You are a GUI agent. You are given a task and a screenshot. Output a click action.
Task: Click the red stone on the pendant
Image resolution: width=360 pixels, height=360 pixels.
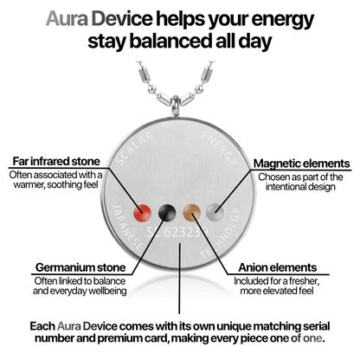(x=143, y=213)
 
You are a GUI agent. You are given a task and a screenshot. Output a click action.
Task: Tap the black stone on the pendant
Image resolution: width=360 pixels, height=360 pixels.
(x=167, y=213)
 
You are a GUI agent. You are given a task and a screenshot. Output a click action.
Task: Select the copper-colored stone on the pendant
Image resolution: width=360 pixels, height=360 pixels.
(x=192, y=213)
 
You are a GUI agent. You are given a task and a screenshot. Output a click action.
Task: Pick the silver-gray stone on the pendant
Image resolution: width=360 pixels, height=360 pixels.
(x=215, y=213)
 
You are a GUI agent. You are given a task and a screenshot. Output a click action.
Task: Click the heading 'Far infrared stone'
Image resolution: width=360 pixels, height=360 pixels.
(x=56, y=161)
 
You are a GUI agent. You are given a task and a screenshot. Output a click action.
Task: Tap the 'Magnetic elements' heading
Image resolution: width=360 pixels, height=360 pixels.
(x=302, y=164)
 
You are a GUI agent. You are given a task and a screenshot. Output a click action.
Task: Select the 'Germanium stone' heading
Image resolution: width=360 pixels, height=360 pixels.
(x=80, y=267)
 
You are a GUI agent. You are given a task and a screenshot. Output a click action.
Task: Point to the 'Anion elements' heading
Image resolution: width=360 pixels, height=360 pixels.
(x=278, y=267)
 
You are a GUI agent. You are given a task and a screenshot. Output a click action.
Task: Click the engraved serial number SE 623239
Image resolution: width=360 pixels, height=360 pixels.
(x=177, y=232)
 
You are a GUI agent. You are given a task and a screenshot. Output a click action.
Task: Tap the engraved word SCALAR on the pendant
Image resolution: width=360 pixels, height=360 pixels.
(x=134, y=148)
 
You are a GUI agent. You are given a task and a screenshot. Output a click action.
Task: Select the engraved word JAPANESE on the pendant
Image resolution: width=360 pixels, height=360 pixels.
(x=127, y=228)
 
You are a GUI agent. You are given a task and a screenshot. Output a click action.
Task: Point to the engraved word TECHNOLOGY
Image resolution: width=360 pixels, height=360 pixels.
(x=222, y=233)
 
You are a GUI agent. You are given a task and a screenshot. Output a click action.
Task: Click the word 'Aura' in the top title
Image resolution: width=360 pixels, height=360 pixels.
(x=67, y=19)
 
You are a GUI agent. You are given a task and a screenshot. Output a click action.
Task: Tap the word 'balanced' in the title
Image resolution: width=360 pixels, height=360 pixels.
(x=171, y=42)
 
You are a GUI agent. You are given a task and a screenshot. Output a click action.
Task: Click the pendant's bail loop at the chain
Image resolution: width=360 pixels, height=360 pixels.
(x=175, y=106)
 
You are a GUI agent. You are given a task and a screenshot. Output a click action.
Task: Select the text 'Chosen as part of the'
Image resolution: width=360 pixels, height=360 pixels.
(x=300, y=177)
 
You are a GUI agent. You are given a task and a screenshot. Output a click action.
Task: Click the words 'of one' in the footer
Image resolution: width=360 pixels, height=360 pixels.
(x=306, y=338)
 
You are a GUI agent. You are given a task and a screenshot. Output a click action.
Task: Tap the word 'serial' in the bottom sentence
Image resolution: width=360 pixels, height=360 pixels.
(x=317, y=326)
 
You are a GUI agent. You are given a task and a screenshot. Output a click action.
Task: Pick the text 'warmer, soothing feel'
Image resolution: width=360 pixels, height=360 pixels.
(x=56, y=184)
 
